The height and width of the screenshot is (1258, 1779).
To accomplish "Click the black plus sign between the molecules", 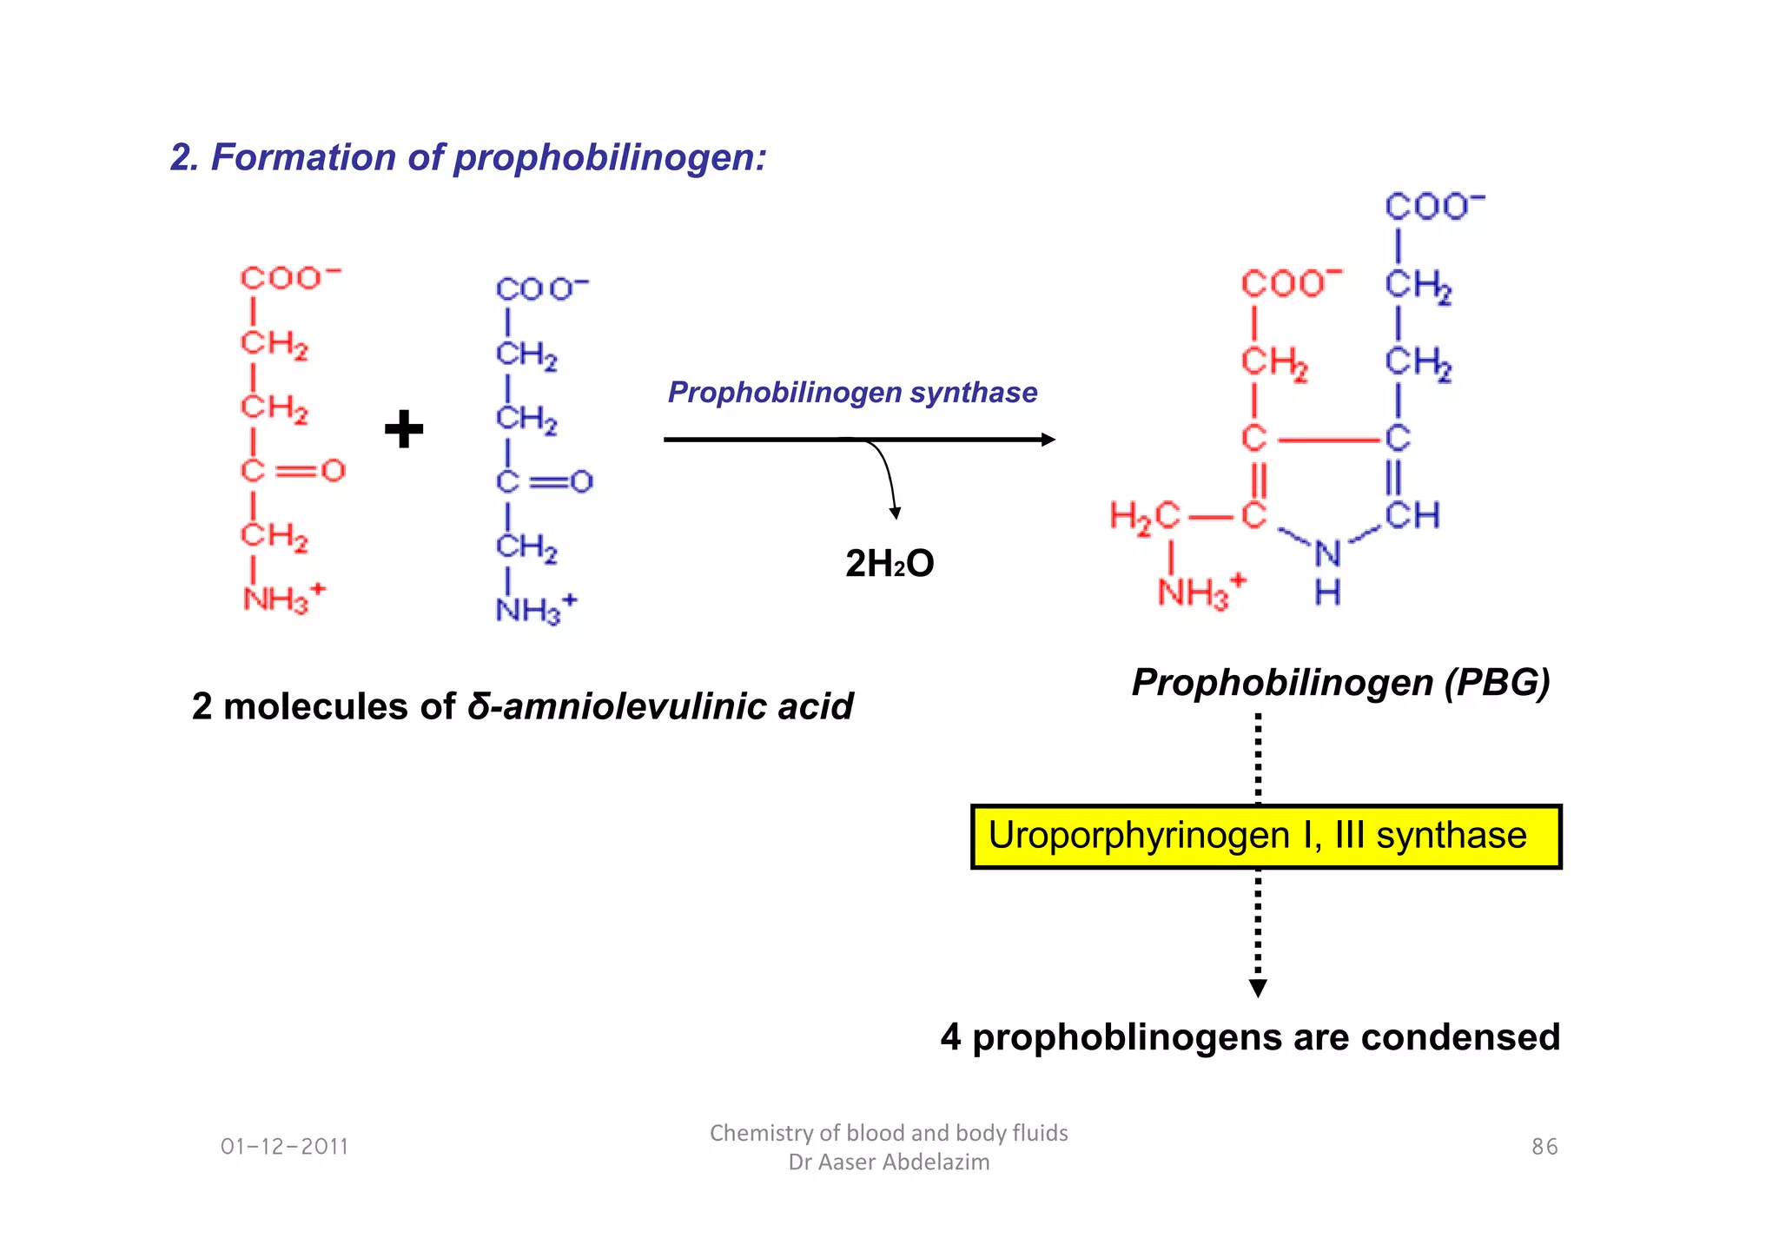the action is click(x=404, y=429).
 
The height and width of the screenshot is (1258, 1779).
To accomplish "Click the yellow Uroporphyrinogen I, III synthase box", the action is click(x=1266, y=836).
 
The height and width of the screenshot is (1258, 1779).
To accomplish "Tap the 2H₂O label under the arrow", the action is click(x=889, y=564).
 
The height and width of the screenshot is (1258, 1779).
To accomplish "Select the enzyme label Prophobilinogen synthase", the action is click(x=852, y=393).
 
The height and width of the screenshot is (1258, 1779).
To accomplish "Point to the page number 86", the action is click(x=1544, y=1147).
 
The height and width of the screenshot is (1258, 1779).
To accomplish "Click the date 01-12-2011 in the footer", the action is click(x=284, y=1147).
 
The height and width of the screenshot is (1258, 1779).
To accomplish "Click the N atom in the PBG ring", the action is click(x=1327, y=553).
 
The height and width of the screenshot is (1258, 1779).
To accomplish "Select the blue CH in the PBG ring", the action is click(x=1412, y=515).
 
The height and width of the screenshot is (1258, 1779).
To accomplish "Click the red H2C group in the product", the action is click(x=1145, y=517).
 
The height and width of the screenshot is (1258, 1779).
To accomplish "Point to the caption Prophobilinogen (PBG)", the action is click(x=1340, y=683).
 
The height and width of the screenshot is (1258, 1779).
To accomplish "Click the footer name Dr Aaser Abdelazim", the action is click(x=889, y=1162).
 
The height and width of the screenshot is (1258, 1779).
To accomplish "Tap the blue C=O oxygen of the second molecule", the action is click(x=582, y=481).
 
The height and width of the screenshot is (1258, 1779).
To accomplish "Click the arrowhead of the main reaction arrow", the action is click(x=1048, y=440).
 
